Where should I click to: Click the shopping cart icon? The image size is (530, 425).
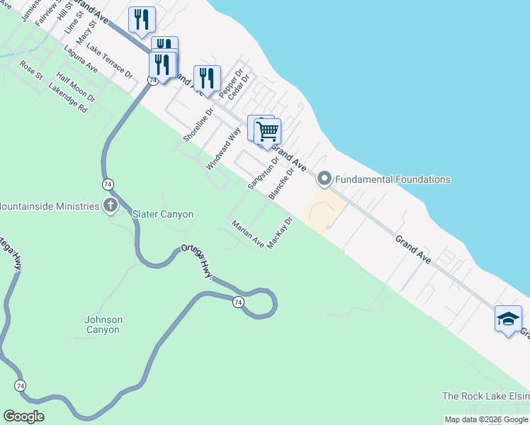tap(267, 131)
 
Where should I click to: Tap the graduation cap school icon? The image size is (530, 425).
tap(508, 319)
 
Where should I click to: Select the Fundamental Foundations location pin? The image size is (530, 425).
tap(325, 178)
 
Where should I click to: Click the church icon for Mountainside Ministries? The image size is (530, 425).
tap(110, 206)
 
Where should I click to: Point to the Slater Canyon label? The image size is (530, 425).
tap(163, 214)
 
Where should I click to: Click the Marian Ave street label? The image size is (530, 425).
tap(248, 234)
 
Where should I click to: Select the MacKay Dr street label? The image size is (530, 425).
tap(280, 232)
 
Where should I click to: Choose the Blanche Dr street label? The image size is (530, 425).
tap(281, 183)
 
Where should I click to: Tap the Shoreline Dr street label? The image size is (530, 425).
tap(198, 125)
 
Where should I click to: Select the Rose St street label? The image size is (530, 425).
tap(32, 69)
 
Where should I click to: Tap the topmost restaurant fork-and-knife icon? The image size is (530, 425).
tap(142, 19)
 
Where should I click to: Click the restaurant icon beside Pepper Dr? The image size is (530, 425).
tap(207, 78)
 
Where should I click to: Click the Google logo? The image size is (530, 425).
tap(23, 416)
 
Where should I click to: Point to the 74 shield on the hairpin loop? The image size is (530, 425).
tap(238, 302)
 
